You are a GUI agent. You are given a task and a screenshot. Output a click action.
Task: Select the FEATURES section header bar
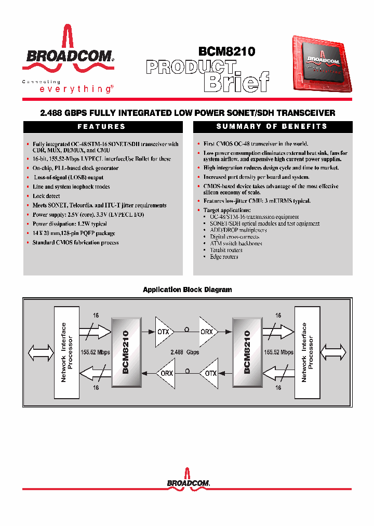[102, 126]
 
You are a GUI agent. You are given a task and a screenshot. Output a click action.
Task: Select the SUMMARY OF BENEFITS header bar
[272, 126]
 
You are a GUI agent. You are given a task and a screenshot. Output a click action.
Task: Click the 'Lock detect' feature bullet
[46, 196]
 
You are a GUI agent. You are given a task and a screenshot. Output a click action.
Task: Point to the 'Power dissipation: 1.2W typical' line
[70, 224]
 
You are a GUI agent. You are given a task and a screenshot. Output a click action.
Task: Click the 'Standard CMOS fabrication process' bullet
[75, 243]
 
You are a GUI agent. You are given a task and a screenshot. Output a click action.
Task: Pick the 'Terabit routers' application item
[226, 250]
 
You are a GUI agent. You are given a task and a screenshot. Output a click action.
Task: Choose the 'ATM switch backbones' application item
[236, 243]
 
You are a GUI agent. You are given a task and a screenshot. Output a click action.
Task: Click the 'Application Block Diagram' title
[187, 290]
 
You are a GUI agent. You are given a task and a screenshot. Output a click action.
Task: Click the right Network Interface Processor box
[308, 352]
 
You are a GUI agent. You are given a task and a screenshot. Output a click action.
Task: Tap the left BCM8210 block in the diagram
[126, 352]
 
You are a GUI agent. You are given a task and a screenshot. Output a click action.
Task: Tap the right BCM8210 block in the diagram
[247, 352]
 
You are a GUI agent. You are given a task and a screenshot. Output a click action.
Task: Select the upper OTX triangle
[164, 331]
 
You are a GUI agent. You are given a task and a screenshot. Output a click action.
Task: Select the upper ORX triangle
[206, 331]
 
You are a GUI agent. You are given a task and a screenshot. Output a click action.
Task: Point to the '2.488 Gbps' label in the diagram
[184, 352]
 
